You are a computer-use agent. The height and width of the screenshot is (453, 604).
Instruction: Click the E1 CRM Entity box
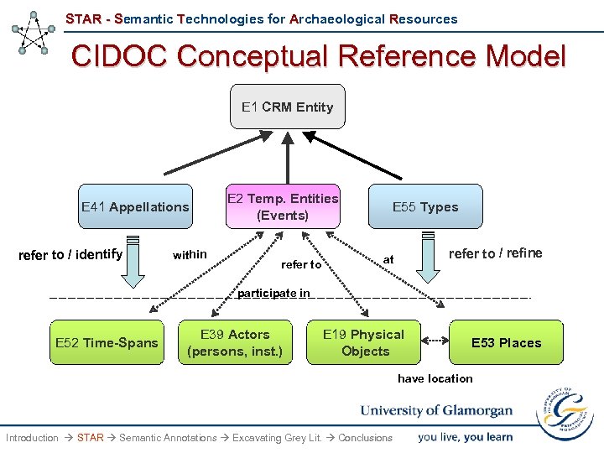point(288,107)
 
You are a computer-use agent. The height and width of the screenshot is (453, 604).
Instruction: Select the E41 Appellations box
point(135,206)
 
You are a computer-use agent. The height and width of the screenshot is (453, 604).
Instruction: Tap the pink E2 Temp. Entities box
point(283,206)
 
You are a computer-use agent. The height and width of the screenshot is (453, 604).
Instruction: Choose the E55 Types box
point(425,206)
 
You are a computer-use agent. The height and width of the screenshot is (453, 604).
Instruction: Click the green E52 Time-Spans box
point(107,342)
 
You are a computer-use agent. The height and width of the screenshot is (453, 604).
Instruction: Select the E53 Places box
point(506,342)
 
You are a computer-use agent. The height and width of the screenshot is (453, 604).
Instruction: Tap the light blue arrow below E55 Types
point(427,258)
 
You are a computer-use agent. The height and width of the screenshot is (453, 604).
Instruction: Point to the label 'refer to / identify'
point(70,254)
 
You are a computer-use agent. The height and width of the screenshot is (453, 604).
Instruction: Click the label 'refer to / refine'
point(495,253)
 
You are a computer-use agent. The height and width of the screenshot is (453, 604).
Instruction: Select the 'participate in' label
point(273,294)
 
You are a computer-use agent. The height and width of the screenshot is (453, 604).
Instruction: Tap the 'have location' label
point(435,378)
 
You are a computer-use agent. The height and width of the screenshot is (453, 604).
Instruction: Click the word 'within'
point(189,254)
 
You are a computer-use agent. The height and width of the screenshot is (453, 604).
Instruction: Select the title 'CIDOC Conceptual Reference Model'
point(319,56)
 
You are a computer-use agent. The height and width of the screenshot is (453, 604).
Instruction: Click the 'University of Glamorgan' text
point(436,410)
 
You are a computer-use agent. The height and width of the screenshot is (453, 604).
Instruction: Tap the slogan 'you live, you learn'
point(465,436)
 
